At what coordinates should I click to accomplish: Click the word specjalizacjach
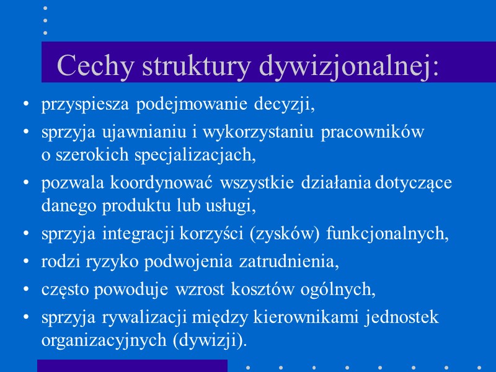(198, 155)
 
